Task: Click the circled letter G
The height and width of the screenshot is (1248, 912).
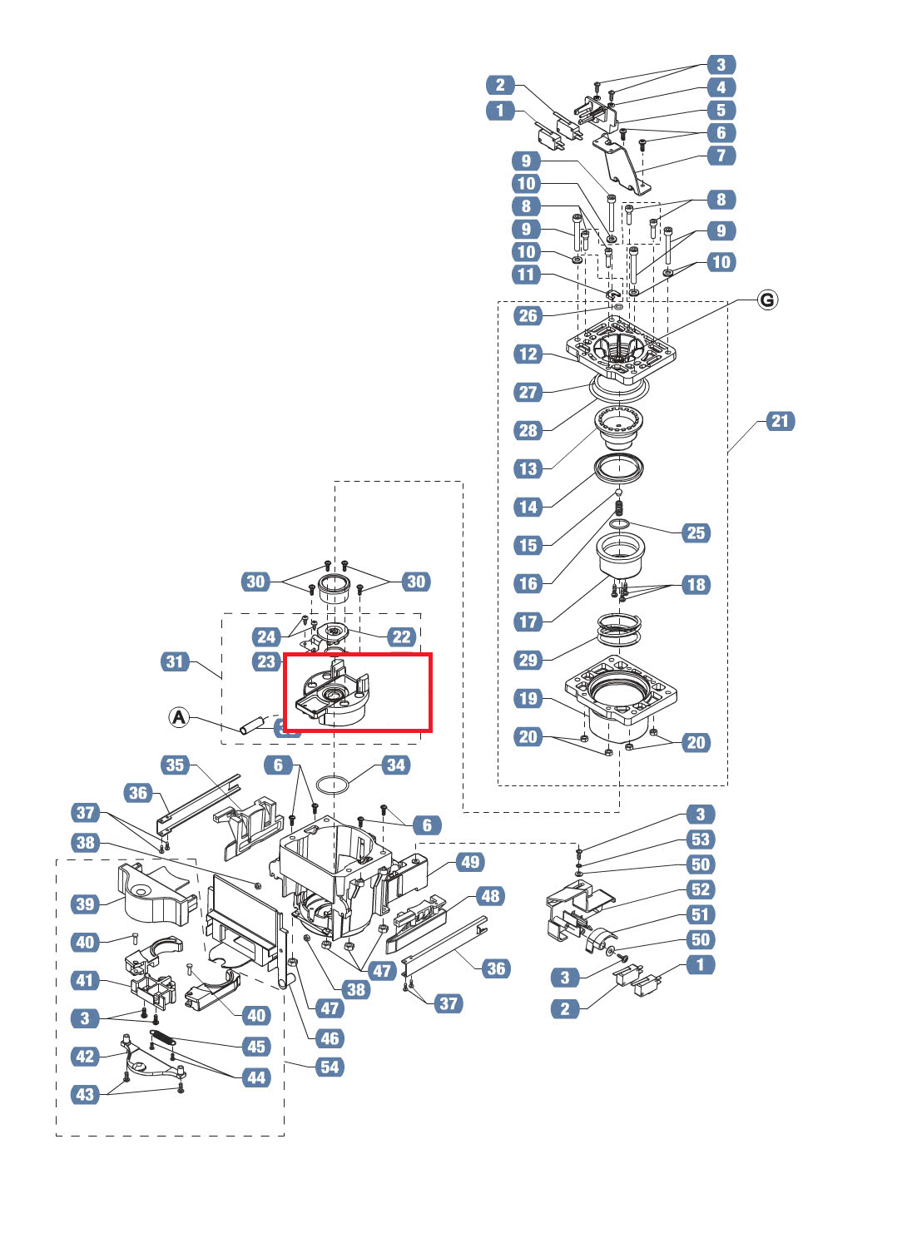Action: tap(767, 300)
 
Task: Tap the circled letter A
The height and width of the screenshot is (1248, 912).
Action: tap(179, 716)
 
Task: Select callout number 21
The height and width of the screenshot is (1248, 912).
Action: tap(779, 421)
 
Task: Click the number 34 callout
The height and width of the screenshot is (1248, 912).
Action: tap(395, 765)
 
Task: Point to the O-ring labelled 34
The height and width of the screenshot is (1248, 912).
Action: tap(334, 785)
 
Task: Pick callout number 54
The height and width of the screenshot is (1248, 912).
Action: tap(330, 1067)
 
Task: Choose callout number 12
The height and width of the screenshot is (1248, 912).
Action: tap(528, 354)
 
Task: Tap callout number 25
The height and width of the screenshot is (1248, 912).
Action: tap(696, 532)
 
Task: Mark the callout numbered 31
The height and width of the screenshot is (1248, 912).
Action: tap(175, 661)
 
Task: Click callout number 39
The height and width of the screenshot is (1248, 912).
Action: tap(86, 904)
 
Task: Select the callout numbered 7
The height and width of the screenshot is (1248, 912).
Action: tap(721, 155)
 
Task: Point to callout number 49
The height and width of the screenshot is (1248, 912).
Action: tap(470, 861)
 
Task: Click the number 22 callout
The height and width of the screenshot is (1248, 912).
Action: tap(401, 636)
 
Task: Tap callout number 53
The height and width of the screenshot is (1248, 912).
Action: tap(701, 839)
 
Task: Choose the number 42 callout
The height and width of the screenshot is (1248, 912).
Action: tap(86, 1056)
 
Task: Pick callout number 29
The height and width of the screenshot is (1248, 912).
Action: tap(528, 660)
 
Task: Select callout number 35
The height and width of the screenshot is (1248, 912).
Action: tap(175, 765)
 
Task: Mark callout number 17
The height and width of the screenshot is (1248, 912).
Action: tap(528, 622)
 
